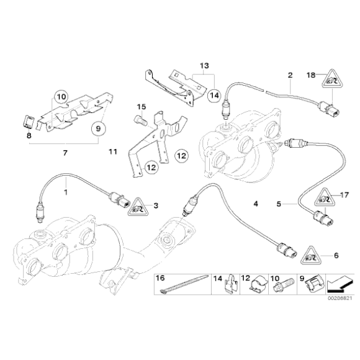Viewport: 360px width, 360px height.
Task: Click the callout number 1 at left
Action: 65,192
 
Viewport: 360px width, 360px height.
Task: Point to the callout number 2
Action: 289,76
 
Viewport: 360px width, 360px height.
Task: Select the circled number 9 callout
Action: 98,129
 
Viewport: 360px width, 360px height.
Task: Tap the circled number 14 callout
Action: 214,95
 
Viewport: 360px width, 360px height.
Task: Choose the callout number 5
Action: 279,203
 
